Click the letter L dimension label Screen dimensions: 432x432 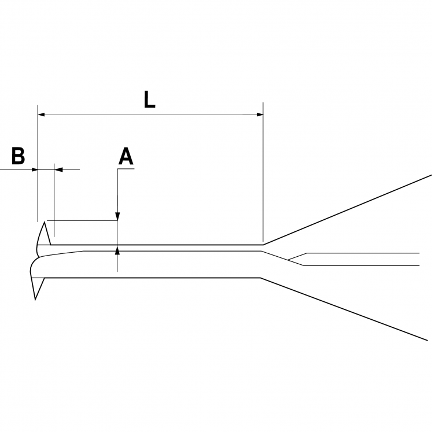[x=150, y=99]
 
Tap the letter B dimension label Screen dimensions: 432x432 [x=18, y=156]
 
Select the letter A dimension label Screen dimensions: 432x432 [x=126, y=156]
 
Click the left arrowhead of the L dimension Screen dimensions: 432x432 [x=41, y=115]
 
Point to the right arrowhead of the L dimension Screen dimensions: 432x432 [x=260, y=115]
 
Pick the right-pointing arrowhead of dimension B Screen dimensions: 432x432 [x=35, y=169]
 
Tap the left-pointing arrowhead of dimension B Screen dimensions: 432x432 [x=58, y=169]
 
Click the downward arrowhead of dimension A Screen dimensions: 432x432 [x=117, y=216]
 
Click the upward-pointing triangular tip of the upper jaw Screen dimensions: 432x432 [x=45, y=222]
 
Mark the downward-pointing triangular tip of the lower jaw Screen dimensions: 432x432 [x=35, y=299]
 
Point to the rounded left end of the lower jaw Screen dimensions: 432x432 [x=31, y=267]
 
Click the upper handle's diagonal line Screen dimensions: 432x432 [x=347, y=210]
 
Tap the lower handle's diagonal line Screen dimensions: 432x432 [x=344, y=309]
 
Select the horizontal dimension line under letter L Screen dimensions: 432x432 [x=150, y=115]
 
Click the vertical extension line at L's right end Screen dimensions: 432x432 [x=263, y=172]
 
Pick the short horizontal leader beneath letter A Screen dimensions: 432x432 [x=126, y=169]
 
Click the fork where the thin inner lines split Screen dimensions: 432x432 [x=287, y=260]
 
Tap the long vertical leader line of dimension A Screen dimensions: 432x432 [x=117, y=220]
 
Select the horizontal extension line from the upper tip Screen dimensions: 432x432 [x=82, y=220]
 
